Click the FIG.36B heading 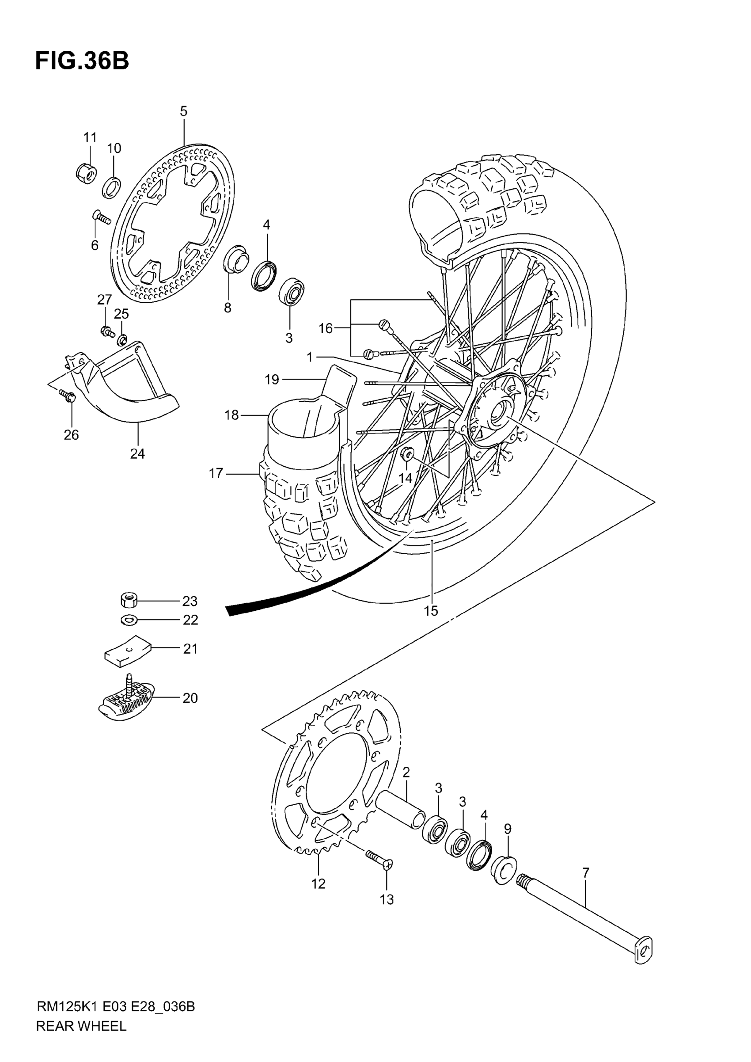(82, 61)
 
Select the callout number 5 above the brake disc (184, 111)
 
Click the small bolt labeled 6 (102, 217)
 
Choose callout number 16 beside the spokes (326, 328)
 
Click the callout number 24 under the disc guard (137, 454)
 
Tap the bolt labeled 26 (68, 396)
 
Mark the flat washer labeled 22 (128, 619)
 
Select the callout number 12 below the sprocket (318, 884)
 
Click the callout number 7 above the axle (586, 873)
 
